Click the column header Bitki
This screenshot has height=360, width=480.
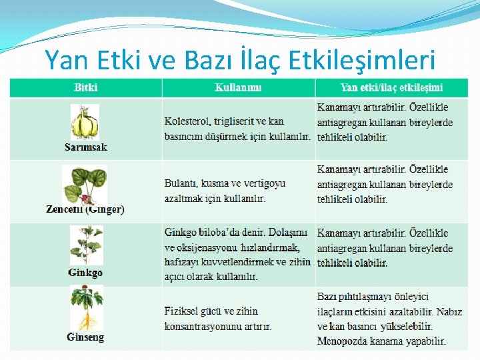tap(85, 87)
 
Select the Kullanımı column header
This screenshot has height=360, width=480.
tap(238, 87)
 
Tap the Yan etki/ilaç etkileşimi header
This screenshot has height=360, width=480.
tap(391, 87)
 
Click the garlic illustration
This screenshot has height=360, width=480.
tap(85, 122)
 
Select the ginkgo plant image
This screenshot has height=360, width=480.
tap(85, 246)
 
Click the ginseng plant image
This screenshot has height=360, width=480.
tap(86, 308)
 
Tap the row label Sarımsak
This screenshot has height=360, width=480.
tap(85, 147)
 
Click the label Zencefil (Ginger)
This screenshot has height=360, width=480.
tap(85, 209)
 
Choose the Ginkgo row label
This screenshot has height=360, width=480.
tap(85, 273)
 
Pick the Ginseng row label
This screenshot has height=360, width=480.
tap(85, 337)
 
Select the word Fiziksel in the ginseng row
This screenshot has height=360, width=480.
tap(184, 311)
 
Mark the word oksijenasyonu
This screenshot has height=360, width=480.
tap(209, 247)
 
